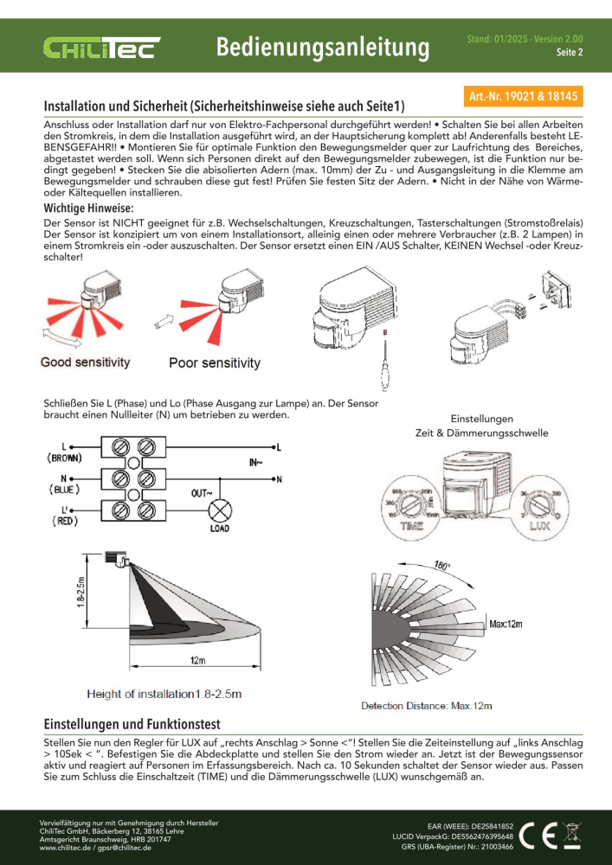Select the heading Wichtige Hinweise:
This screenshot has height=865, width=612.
coord(88,209)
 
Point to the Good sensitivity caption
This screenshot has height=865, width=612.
coord(86,362)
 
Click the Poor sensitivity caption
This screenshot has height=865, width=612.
coord(215,363)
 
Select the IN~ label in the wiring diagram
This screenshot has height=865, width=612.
coord(257,463)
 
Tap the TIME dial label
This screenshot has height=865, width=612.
coord(412,524)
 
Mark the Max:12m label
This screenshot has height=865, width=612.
coord(511,622)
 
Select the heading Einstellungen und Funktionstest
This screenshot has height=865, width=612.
coord(132,723)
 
